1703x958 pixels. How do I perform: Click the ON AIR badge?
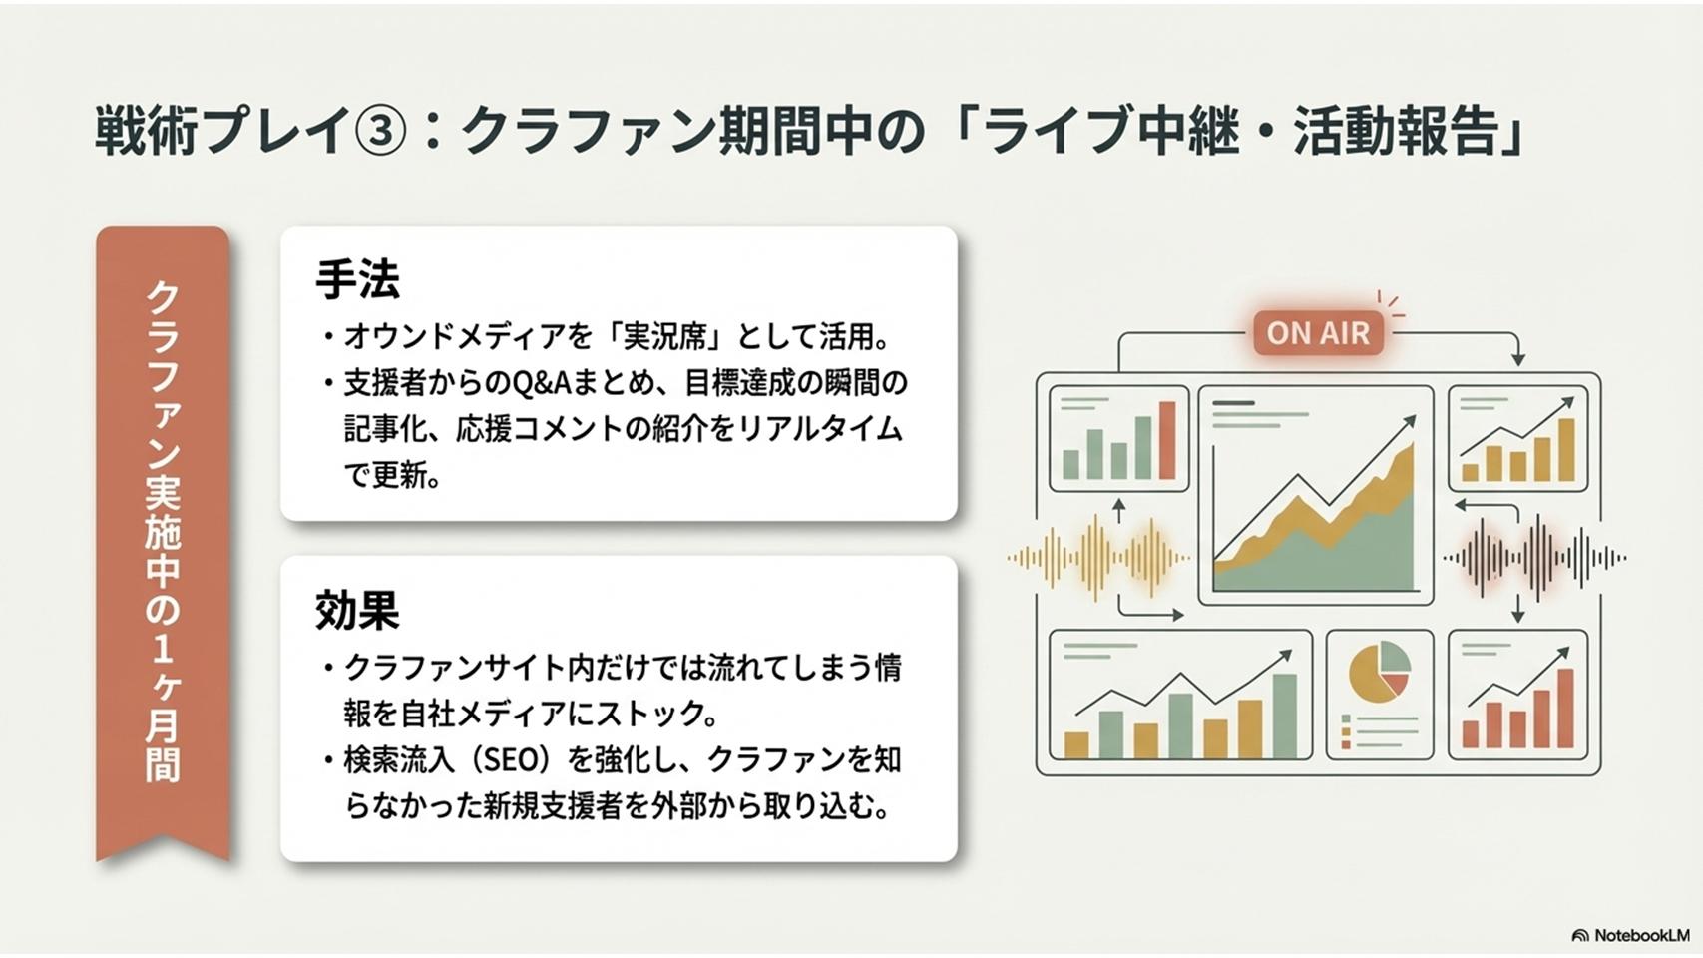(x=1318, y=333)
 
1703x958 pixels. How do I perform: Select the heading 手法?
(x=357, y=279)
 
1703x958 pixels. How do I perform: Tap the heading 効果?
(x=357, y=610)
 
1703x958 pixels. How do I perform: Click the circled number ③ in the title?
(x=382, y=131)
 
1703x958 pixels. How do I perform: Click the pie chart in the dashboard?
(x=1379, y=669)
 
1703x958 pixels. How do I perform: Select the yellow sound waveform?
(x=1097, y=557)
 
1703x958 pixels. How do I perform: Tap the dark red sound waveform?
(x=1534, y=557)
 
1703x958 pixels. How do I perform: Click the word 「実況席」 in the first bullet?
(x=666, y=337)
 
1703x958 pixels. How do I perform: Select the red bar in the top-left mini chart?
(x=1167, y=440)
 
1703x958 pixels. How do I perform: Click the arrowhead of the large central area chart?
(x=1411, y=420)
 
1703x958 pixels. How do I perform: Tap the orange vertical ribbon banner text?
(x=163, y=532)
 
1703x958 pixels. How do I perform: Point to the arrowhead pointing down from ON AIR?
(x=1518, y=359)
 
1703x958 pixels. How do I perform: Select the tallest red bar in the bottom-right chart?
(x=1566, y=709)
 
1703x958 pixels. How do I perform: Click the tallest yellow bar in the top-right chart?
(x=1566, y=450)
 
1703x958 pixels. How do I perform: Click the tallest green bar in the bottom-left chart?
(x=1284, y=717)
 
